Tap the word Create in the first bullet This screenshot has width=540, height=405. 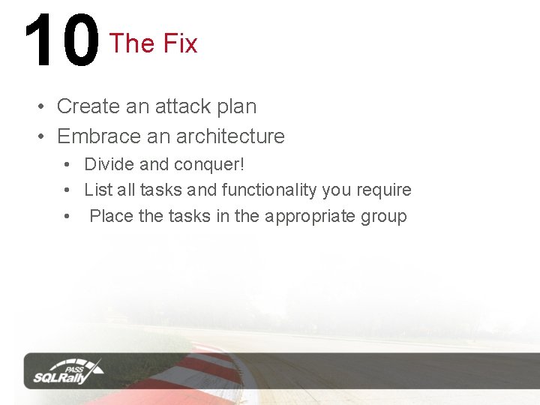coord(88,106)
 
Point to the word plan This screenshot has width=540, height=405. coord(236,107)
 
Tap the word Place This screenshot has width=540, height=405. coord(111,216)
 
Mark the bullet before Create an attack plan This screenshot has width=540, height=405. coord(41,106)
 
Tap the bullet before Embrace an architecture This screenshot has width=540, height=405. coord(41,136)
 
